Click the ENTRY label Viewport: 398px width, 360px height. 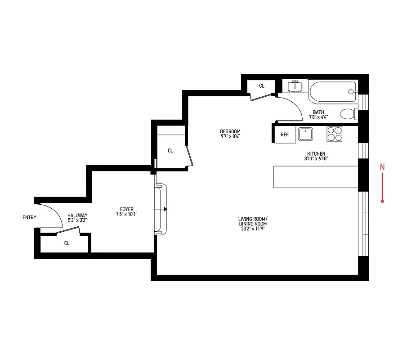(29, 218)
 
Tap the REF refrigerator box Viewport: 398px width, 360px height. (285, 135)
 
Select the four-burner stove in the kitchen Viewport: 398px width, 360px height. (334, 134)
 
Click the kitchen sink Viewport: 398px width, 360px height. (306, 134)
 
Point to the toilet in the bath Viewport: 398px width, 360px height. (347, 113)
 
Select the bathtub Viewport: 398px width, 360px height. (333, 92)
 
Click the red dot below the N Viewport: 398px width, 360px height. (382, 201)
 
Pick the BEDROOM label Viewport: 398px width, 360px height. (230, 131)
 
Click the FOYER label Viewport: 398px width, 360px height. (126, 209)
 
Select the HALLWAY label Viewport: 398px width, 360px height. (77, 216)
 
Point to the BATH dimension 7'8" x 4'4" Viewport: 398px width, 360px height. (319, 117)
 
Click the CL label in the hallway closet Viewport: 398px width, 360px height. (67, 243)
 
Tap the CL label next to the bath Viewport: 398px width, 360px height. (262, 86)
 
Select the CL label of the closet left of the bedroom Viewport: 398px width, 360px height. (170, 151)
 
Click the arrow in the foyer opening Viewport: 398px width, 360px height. (165, 209)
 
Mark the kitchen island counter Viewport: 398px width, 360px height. (315, 176)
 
